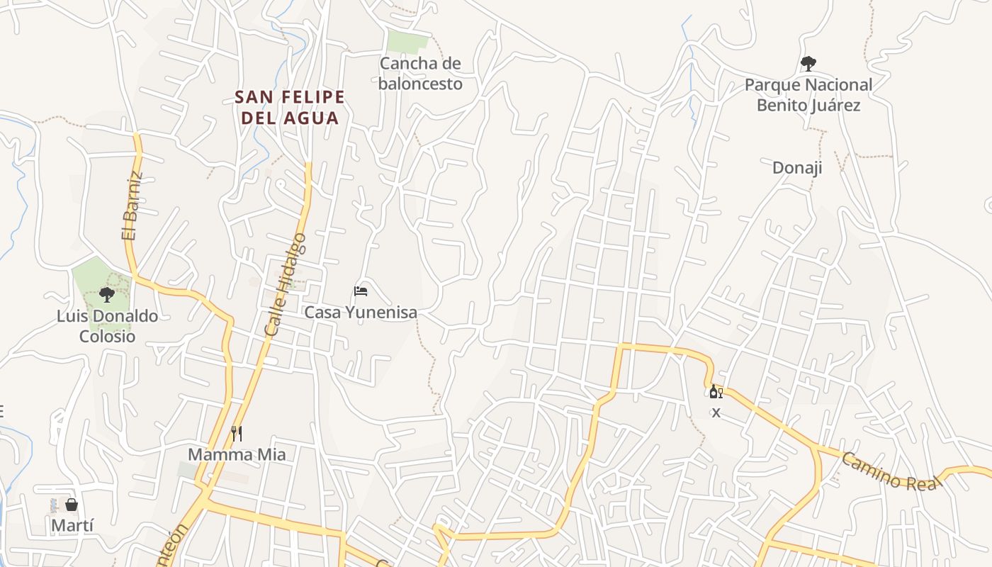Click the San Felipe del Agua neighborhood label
(x=290, y=107)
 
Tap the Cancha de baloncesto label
(x=420, y=74)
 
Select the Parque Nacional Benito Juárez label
(x=808, y=95)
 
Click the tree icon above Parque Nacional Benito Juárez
(x=808, y=64)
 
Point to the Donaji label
(x=797, y=168)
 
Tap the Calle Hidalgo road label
(x=285, y=283)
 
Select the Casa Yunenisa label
(x=361, y=312)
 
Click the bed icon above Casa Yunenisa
(x=361, y=291)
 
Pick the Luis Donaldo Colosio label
(x=107, y=326)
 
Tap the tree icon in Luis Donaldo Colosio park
(x=107, y=294)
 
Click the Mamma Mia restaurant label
(x=237, y=454)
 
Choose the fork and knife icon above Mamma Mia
(x=237, y=433)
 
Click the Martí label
(x=72, y=526)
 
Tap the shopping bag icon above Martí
(x=72, y=505)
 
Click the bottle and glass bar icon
(x=716, y=392)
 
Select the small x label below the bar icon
(x=716, y=412)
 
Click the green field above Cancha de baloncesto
(x=408, y=41)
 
